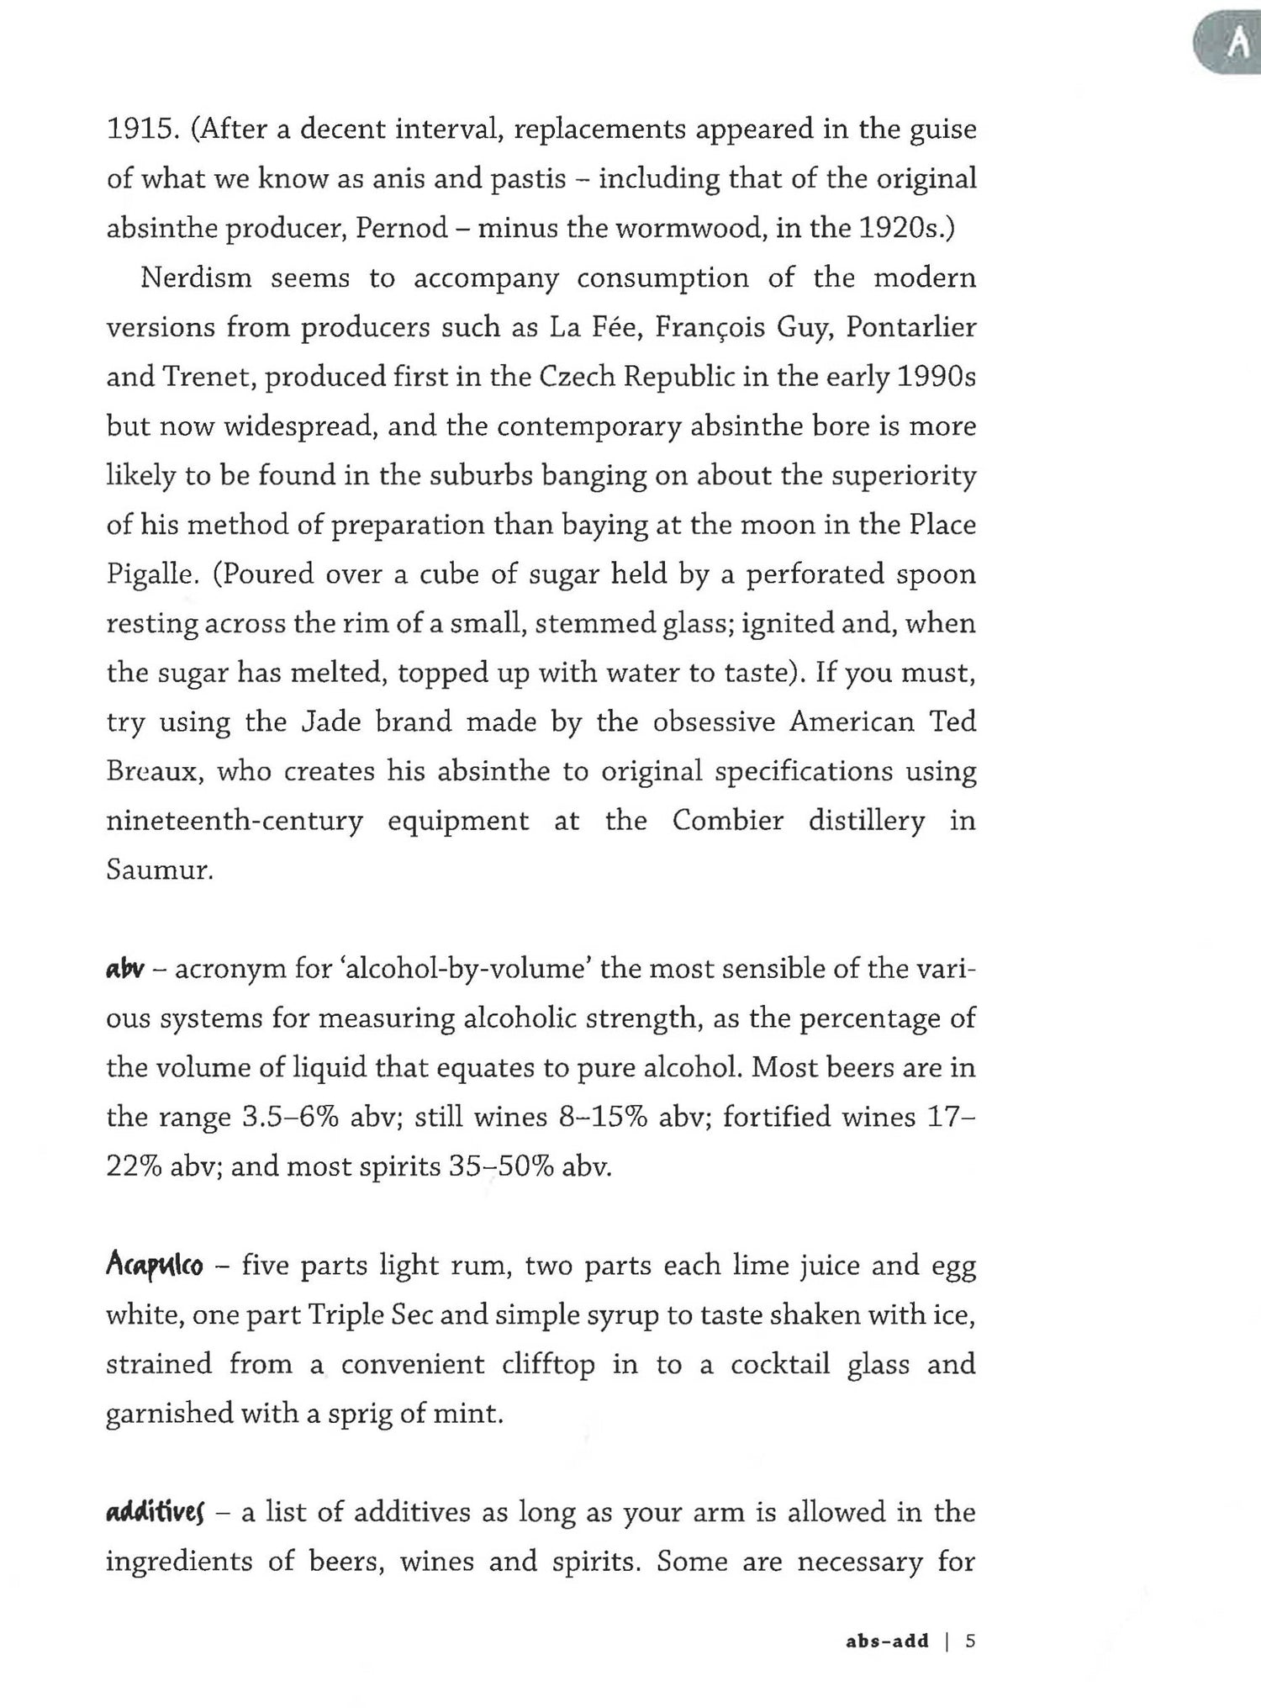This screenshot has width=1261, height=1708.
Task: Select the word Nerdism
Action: pyautogui.click(x=196, y=278)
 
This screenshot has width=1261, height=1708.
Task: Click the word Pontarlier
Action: pyautogui.click(x=910, y=327)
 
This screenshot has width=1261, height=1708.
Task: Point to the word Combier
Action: pyautogui.click(x=727, y=821)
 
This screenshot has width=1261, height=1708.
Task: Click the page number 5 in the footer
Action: pyautogui.click(x=970, y=1641)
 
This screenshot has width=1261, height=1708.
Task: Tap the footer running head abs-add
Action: pyautogui.click(x=887, y=1641)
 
